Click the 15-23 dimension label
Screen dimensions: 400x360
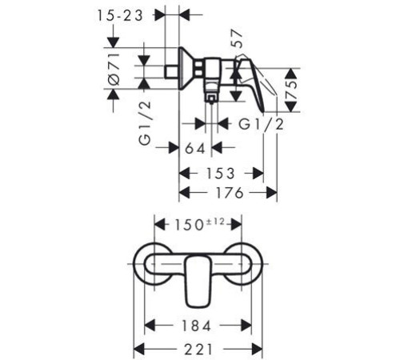(x=120, y=16)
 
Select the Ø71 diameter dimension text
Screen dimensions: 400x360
(x=114, y=69)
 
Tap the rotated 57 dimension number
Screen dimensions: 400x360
(x=236, y=38)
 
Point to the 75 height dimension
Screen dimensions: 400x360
(x=291, y=90)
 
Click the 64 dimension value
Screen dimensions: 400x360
(x=195, y=148)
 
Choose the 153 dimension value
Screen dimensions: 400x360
(x=221, y=174)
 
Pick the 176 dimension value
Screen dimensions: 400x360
(x=230, y=193)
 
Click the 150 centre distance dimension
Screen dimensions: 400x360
(x=189, y=225)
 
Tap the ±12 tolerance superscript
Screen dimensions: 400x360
(x=214, y=222)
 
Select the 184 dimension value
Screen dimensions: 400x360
(x=196, y=326)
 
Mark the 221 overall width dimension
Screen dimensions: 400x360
(x=199, y=350)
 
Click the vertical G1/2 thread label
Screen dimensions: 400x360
(x=145, y=123)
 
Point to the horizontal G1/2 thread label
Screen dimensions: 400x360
(x=261, y=124)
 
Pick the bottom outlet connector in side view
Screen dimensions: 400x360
(x=211, y=98)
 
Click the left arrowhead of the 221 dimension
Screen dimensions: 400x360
(x=138, y=350)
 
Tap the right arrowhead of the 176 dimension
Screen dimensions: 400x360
(x=271, y=193)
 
